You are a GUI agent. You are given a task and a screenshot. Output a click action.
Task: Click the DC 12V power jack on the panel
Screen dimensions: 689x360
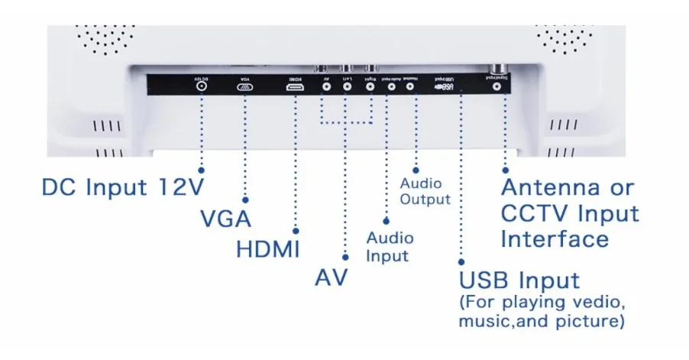coord(202,87)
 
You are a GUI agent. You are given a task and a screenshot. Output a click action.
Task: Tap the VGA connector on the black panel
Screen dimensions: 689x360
coord(246,88)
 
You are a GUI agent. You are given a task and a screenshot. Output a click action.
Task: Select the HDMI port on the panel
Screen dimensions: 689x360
coord(296,88)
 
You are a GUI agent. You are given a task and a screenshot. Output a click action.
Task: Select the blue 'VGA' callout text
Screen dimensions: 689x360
coord(225,219)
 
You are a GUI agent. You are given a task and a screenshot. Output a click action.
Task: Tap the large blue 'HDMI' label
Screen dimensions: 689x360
coord(267,249)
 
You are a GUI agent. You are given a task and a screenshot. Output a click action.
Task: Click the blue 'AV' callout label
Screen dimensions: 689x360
coord(332,277)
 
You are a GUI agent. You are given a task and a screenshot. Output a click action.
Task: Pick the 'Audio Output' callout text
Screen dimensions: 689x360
coord(425,191)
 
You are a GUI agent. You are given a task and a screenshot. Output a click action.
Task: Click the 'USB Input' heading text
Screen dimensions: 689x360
coord(519,280)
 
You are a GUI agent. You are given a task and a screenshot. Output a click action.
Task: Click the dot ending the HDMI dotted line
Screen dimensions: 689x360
coord(296,229)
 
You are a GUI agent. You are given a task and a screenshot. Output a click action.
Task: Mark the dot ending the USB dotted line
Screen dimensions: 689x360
coord(461,260)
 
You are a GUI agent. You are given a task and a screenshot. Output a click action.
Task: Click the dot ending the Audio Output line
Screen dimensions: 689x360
coord(415,169)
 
